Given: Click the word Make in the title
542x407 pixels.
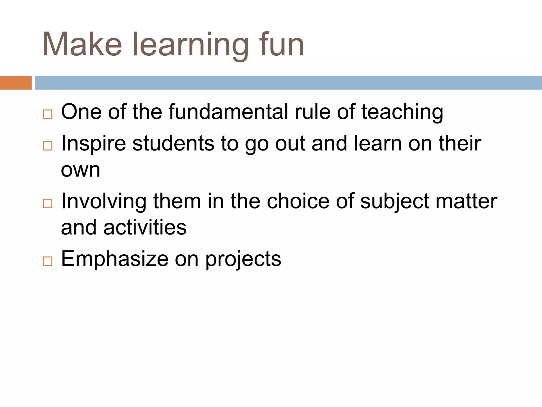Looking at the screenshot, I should pyautogui.click(x=82, y=45).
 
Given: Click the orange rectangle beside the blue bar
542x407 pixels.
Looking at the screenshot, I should pyautogui.click(x=16, y=83).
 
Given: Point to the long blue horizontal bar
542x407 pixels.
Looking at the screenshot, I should pyautogui.click(x=288, y=83).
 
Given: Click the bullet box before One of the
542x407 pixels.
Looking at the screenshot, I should pyautogui.click(x=48, y=114).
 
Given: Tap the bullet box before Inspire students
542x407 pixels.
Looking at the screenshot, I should pyautogui.click(x=48, y=146).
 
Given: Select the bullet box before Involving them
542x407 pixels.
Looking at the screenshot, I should pyautogui.click(x=48, y=203).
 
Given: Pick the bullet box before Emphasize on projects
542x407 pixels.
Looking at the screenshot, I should pyautogui.click(x=48, y=261).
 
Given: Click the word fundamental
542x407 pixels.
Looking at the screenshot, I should pyautogui.click(x=228, y=112).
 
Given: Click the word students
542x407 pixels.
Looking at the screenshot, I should pyautogui.click(x=173, y=143).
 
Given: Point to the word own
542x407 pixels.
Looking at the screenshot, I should pyautogui.click(x=80, y=170).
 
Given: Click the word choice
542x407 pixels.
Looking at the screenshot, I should pyautogui.click(x=298, y=201).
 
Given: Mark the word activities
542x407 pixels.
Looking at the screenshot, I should pyautogui.click(x=145, y=228).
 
